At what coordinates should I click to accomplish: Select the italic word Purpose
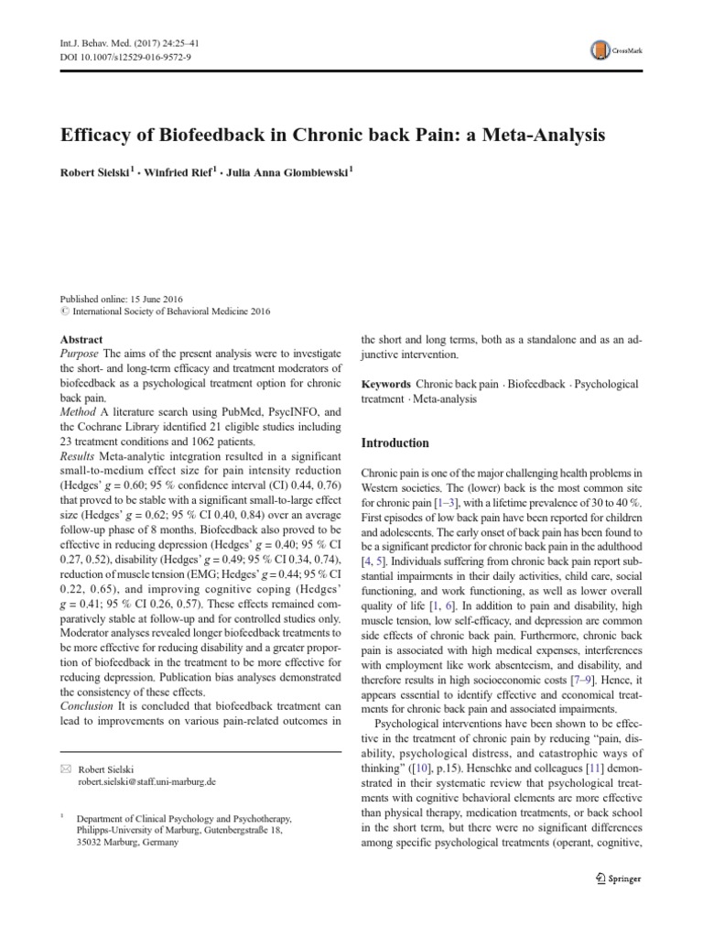(x=80, y=354)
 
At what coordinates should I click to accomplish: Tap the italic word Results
(x=79, y=456)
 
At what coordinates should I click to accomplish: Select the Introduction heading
(x=395, y=442)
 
